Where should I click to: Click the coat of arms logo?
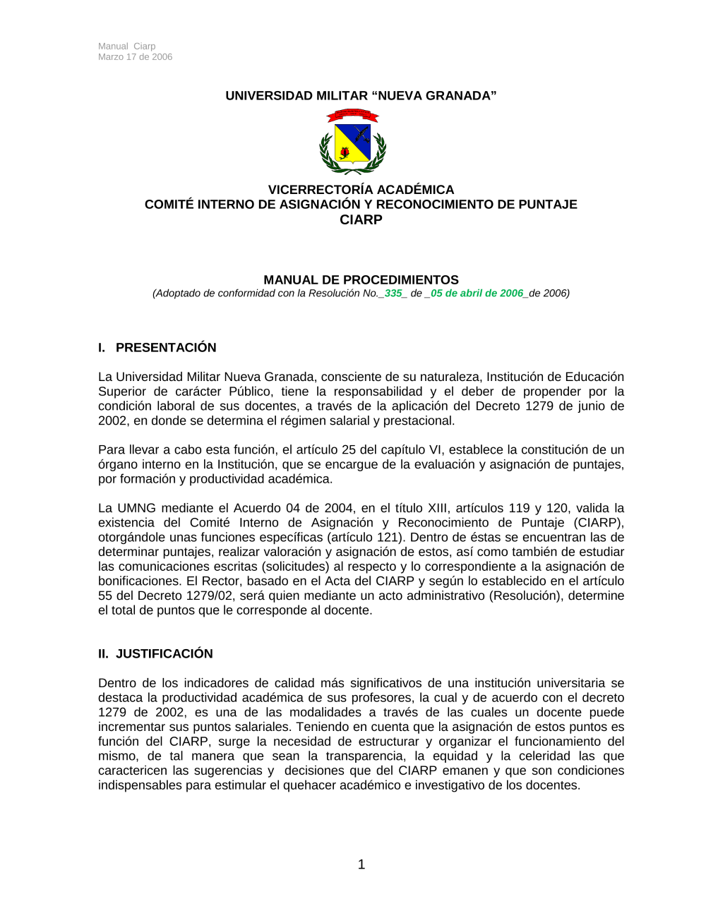pos(352,143)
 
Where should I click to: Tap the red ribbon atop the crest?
pos(352,114)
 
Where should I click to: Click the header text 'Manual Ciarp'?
pos(127,47)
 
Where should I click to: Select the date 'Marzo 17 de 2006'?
pos(136,57)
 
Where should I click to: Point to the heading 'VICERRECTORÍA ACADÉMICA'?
pos(361,190)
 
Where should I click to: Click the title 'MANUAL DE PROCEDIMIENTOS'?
pos(361,280)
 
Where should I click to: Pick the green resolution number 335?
pos(393,294)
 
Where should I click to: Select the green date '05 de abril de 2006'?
pos(477,294)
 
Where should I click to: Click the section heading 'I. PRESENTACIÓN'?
pos(157,348)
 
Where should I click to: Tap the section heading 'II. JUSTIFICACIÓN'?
pos(155,654)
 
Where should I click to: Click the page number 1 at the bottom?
pos(361,865)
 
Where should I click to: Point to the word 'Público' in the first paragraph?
pos(251,392)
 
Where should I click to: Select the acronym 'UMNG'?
pos(136,508)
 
